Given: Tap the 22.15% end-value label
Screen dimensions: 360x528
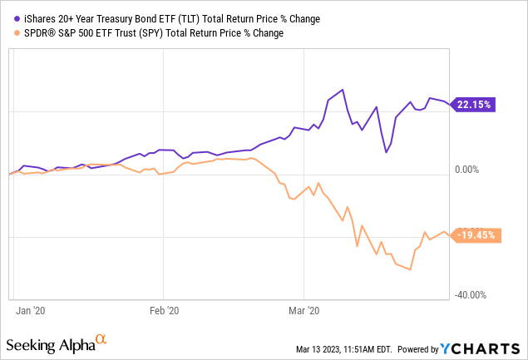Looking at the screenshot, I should pyautogui.click(x=473, y=105).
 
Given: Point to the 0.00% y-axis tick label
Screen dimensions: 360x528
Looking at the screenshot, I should pyautogui.click(x=475, y=170).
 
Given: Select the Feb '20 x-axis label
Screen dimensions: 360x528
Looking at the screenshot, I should pyautogui.click(x=165, y=310).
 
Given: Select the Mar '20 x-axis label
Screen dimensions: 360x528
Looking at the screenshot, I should pyautogui.click(x=307, y=310).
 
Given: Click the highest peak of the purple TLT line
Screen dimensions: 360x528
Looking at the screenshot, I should pyautogui.click(x=341, y=89).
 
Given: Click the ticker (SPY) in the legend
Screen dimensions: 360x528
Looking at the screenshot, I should pyautogui.click(x=146, y=33).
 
